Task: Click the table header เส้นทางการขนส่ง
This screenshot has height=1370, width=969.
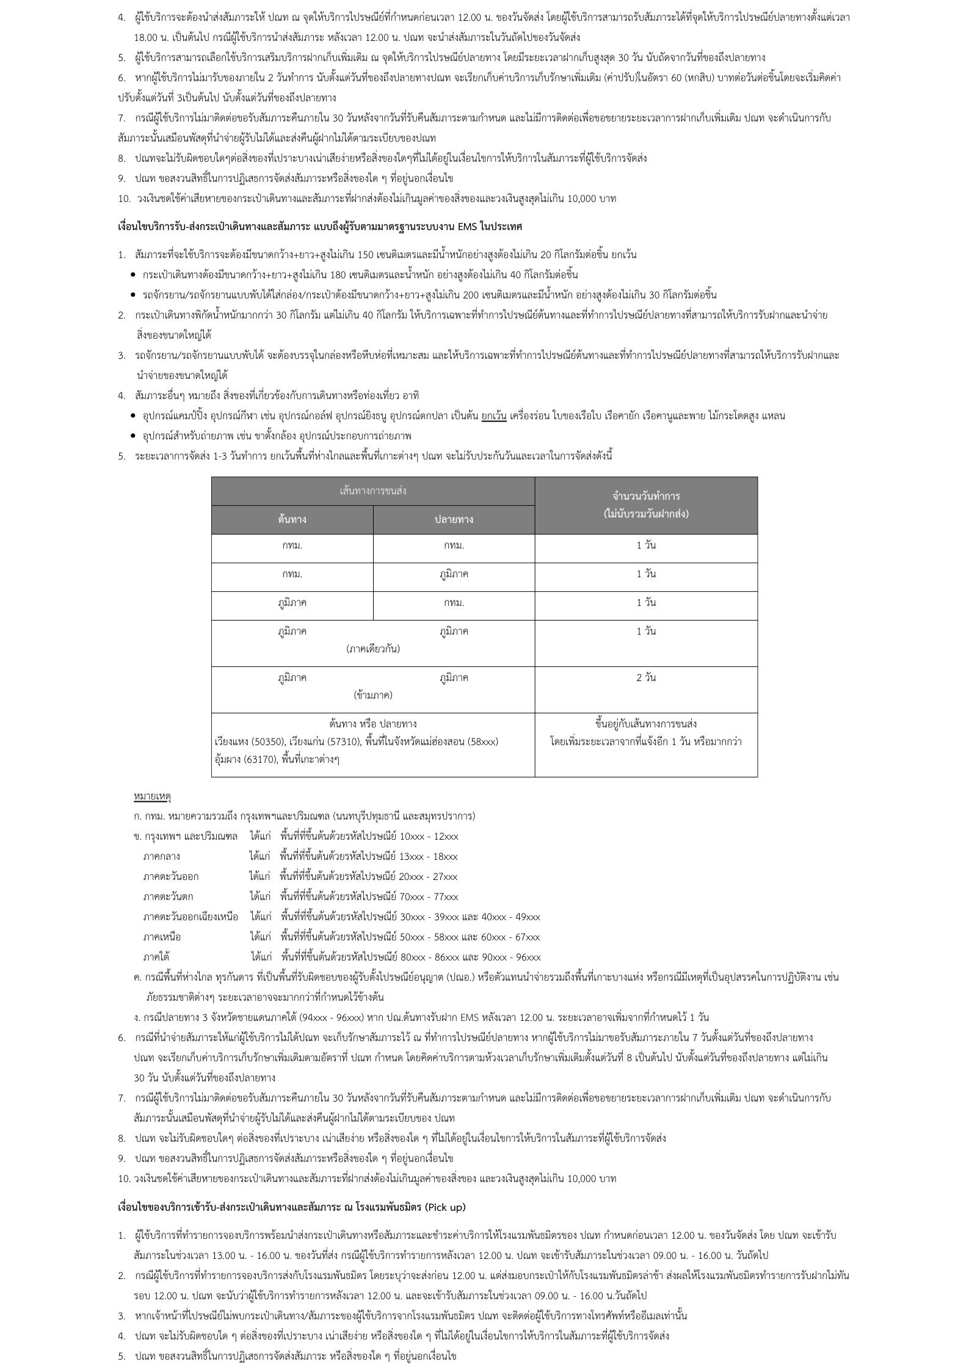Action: tap(373, 491)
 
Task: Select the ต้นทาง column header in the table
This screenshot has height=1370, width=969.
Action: tap(292, 519)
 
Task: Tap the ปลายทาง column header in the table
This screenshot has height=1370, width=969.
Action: tap(454, 519)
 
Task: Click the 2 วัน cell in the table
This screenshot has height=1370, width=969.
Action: tap(646, 677)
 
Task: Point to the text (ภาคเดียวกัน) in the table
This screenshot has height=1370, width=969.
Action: tap(373, 649)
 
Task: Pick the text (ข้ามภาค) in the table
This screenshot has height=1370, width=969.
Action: tap(373, 695)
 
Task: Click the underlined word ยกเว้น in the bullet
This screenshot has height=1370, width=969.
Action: tap(494, 416)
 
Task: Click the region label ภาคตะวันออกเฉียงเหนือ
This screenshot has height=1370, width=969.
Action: tap(191, 917)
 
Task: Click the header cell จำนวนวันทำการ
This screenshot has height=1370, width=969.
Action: tap(646, 496)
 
